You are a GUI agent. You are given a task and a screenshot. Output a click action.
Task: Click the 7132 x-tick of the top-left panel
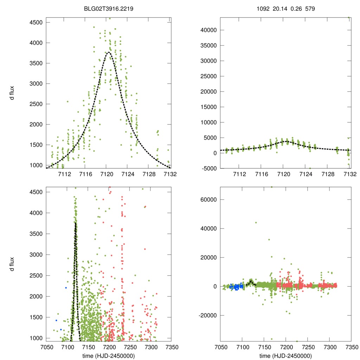click(170, 174)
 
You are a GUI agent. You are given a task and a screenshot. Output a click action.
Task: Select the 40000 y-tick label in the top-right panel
click(207, 30)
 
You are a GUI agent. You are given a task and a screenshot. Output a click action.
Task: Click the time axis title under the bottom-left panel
click(109, 355)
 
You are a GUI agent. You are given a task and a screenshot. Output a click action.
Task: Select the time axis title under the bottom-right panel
click(285, 355)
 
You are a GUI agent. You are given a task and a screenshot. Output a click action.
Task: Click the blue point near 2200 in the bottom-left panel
click(66, 288)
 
